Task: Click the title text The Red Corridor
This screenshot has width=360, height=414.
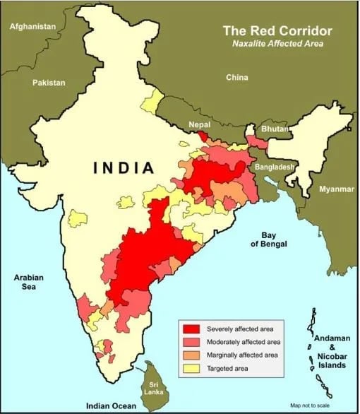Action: [277, 31]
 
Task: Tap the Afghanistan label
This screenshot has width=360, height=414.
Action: [32, 26]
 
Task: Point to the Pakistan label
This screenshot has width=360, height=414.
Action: [49, 83]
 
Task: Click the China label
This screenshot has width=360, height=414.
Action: [236, 77]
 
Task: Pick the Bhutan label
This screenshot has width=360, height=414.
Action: [274, 130]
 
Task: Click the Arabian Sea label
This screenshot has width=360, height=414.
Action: [29, 283]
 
